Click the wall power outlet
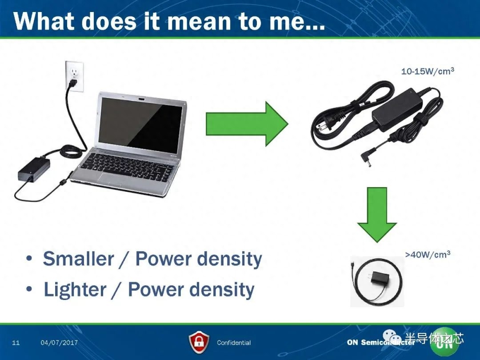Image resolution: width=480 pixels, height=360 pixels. tap(74, 76)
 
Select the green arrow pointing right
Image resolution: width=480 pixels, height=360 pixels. tap(247, 124)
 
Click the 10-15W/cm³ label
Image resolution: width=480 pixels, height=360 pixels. tap(428, 71)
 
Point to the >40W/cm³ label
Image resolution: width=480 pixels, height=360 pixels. tap(428, 254)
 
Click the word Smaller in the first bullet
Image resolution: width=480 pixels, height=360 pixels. tap(78, 259)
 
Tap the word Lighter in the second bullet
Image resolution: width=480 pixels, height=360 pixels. tap(75, 289)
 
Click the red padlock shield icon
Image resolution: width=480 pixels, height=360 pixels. tap(199, 342)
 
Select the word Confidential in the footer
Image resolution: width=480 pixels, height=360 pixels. tap(234, 343)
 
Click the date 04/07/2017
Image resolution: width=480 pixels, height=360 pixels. tap(59, 343)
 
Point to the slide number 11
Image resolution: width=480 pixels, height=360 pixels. tap(16, 343)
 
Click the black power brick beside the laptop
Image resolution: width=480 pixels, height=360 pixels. tap(34, 169)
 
